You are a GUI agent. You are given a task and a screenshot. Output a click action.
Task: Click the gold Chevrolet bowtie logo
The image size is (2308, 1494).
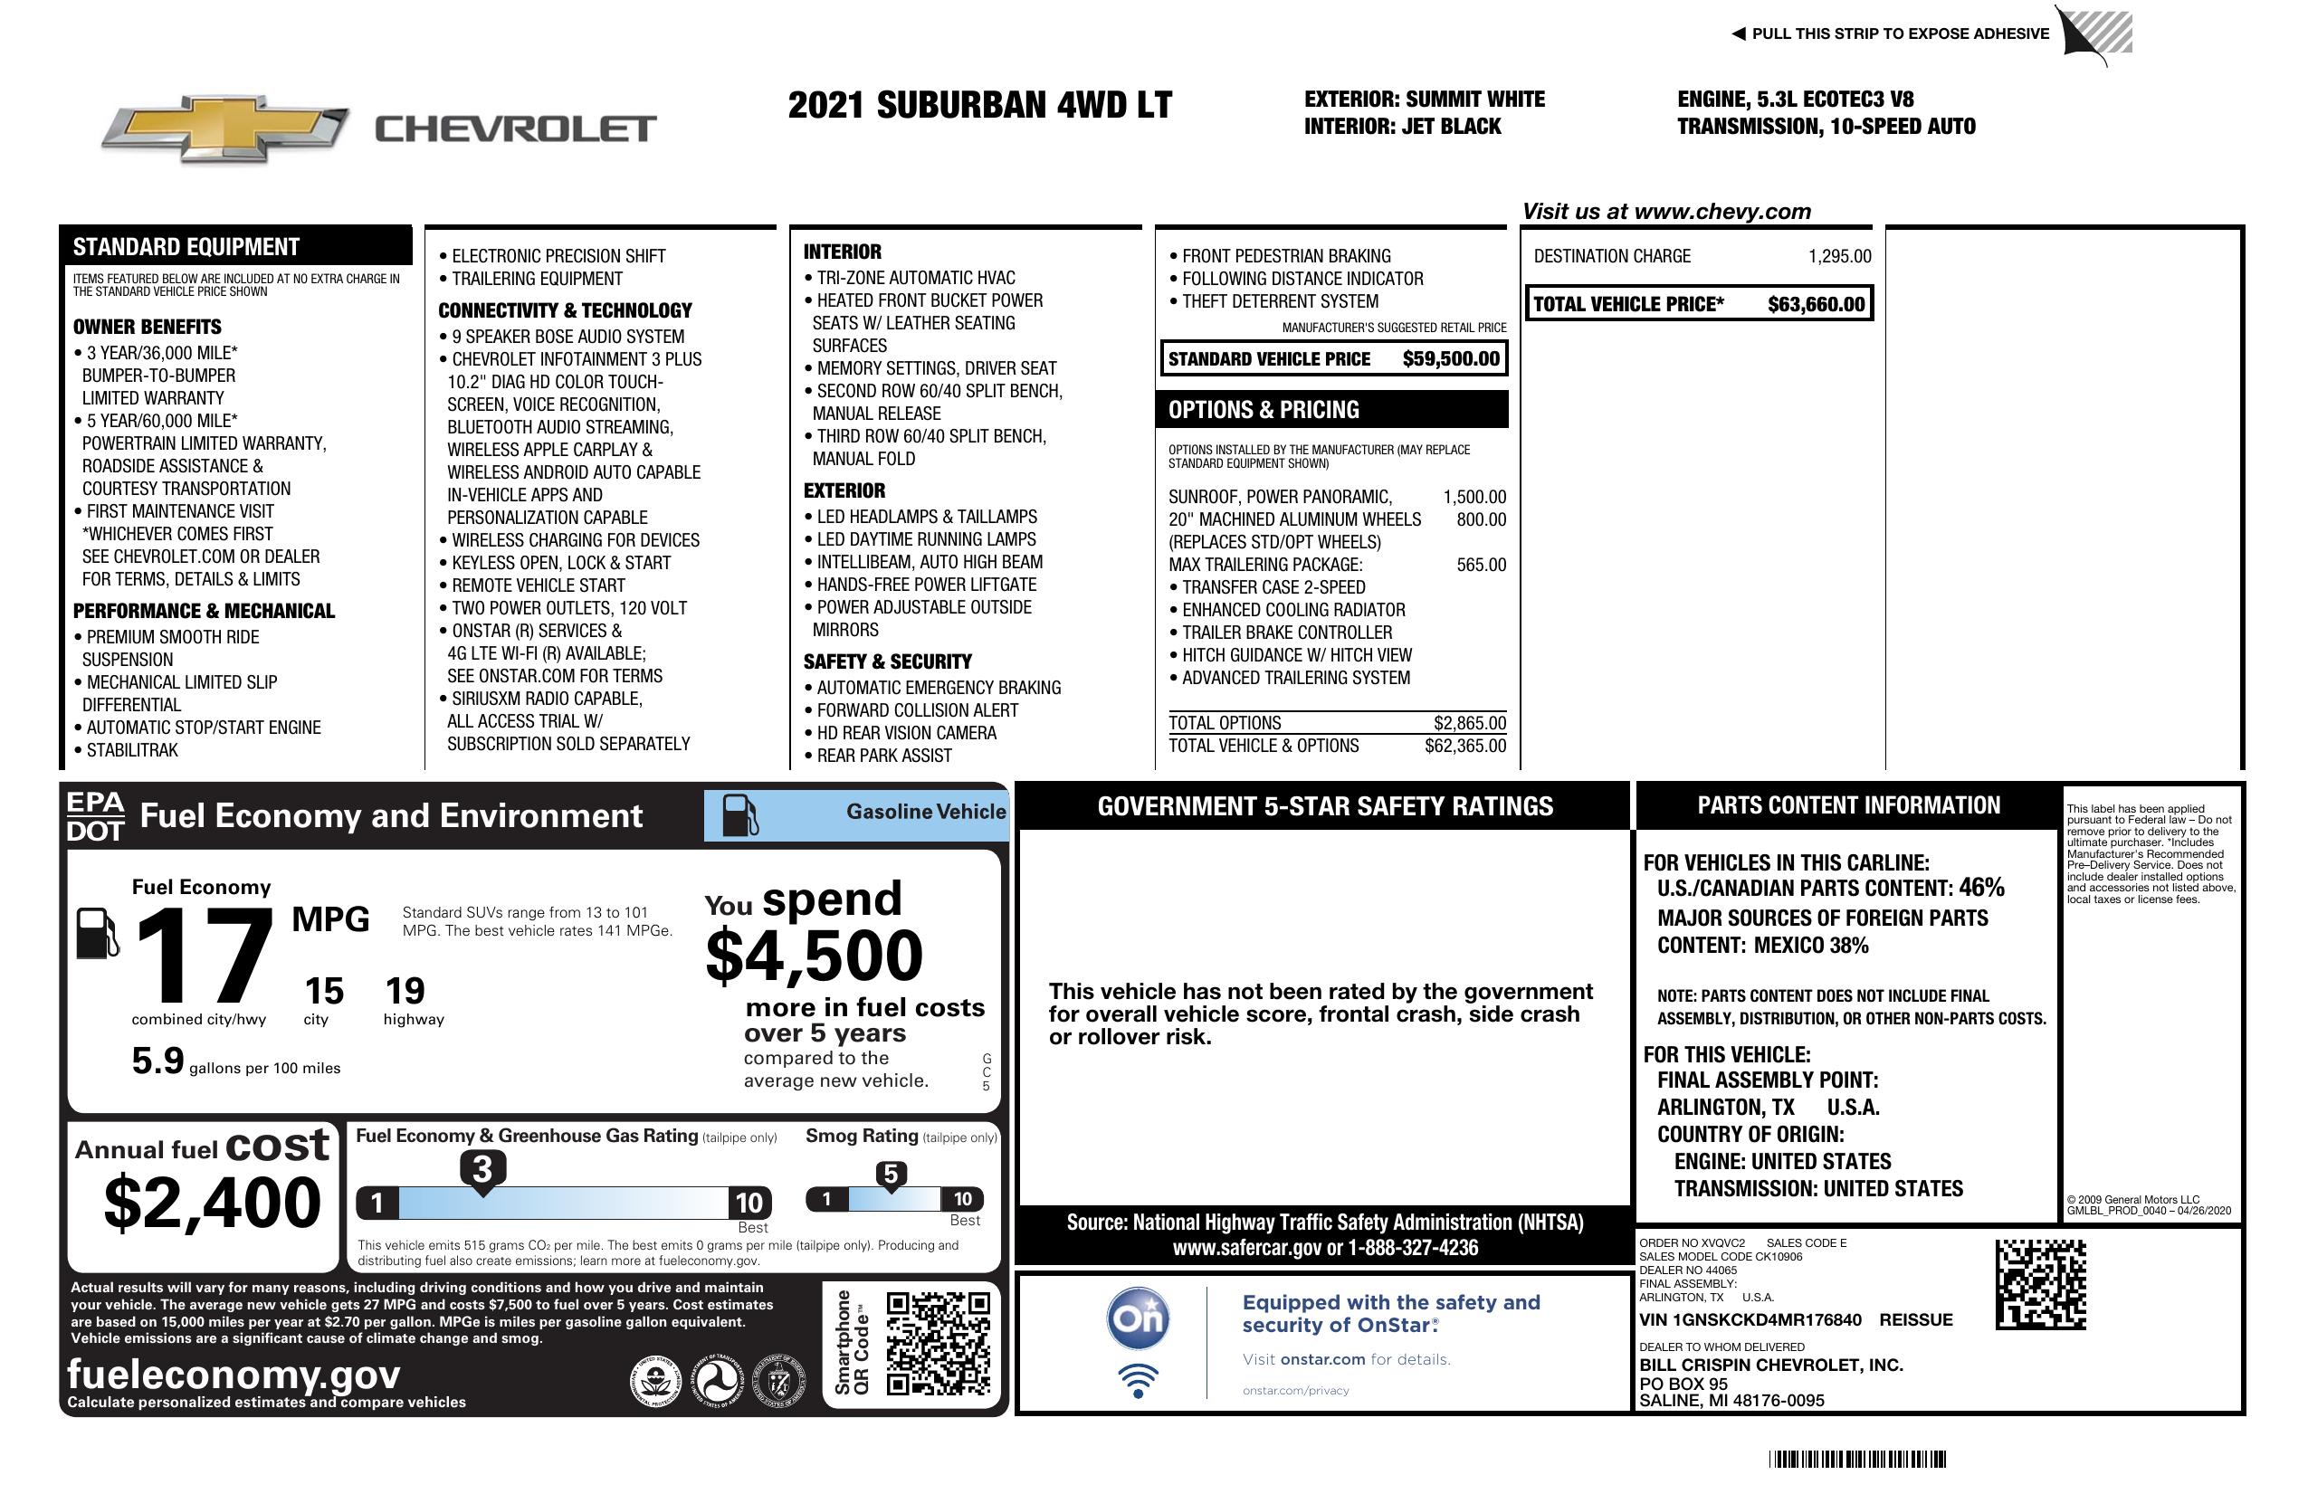(225, 128)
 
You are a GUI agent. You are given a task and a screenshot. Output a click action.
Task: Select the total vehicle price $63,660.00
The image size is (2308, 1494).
(1816, 304)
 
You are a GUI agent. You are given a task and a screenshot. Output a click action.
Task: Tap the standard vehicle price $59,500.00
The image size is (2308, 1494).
(1451, 358)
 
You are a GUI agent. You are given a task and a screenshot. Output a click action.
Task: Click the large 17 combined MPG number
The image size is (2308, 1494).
(204, 956)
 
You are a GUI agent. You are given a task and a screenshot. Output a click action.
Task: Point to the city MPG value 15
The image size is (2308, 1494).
(324, 991)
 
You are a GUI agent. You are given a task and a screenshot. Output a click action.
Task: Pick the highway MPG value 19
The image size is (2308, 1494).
(405, 991)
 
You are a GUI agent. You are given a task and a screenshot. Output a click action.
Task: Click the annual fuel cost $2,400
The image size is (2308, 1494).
(213, 1203)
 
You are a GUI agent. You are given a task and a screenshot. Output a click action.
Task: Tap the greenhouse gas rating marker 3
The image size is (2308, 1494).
(482, 1169)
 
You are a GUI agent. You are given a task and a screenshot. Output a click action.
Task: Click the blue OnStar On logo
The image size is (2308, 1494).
(1138, 1318)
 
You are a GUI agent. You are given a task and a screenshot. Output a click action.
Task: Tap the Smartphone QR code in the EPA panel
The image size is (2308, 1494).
(939, 1343)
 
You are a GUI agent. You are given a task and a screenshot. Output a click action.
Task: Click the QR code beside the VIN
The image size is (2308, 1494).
(2040, 1284)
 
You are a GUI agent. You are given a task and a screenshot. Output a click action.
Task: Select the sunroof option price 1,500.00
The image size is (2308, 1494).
(1474, 498)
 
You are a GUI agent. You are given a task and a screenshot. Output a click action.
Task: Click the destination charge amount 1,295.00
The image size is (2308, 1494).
(1838, 256)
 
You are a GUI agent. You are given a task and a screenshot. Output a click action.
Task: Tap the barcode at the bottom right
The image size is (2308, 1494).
(1857, 1459)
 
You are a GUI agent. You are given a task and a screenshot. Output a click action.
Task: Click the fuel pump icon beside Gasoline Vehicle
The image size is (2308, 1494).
(740, 814)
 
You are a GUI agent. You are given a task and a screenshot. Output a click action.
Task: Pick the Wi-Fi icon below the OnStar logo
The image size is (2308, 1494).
(1138, 1381)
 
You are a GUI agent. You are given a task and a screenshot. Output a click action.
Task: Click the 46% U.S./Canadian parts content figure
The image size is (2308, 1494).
(1980, 888)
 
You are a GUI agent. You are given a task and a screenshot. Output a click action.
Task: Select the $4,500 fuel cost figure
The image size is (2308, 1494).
(815, 956)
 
